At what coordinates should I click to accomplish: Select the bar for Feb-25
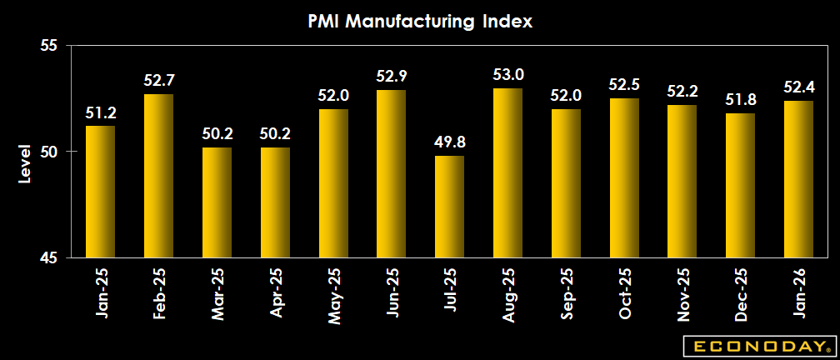[x=158, y=175]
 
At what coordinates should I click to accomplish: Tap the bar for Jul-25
[x=449, y=206]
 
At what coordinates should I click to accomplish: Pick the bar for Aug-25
[x=507, y=172]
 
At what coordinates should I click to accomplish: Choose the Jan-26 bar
[x=797, y=178]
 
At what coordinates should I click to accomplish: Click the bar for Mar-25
[x=217, y=202]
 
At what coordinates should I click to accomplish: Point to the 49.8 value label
[x=449, y=142]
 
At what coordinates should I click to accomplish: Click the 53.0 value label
[x=507, y=74]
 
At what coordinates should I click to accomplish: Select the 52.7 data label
[x=158, y=80]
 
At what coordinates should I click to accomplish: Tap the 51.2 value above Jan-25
[x=101, y=112]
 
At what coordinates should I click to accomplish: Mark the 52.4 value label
[x=797, y=87]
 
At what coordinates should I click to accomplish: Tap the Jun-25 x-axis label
[x=391, y=291]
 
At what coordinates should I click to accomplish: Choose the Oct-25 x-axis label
[x=624, y=291]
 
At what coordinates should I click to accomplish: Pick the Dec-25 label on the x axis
[x=740, y=291]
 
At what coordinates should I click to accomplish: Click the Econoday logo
[x=757, y=345]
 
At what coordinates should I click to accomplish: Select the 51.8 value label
[x=740, y=99]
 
